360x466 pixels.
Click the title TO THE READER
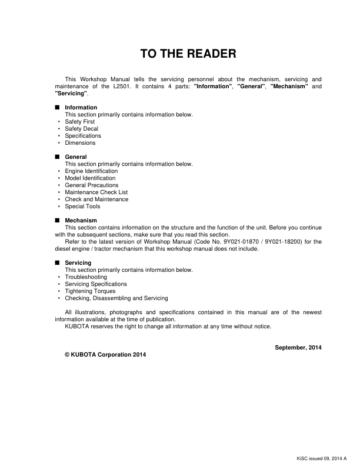(188, 55)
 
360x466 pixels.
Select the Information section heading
(81, 108)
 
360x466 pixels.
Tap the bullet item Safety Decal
(81, 129)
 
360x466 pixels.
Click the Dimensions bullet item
(80, 143)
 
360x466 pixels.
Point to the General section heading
(76, 157)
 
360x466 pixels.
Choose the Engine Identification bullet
(91, 171)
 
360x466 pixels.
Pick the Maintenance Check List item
(96, 192)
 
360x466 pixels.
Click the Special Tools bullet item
(82, 207)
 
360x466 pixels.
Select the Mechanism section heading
(81, 221)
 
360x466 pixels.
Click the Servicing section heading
(78, 263)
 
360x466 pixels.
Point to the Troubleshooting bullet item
(86, 277)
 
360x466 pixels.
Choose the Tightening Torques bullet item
(90, 291)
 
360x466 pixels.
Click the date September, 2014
(298, 348)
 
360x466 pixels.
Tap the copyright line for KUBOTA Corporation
(105, 355)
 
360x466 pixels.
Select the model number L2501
(107, 86)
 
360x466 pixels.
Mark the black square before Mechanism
(57, 221)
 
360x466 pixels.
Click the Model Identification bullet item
(90, 178)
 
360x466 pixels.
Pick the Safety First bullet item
(79, 122)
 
